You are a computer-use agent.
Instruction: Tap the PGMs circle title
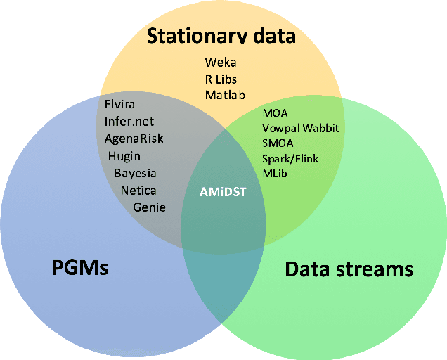[80, 267]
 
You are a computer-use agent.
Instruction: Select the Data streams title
[349, 269]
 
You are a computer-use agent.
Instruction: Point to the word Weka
[220, 63]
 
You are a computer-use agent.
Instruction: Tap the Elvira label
[119, 105]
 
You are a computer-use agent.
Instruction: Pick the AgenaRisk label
[134, 138]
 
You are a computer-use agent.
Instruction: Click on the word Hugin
[124, 155]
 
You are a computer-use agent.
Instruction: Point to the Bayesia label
[135, 173]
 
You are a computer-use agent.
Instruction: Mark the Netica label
[138, 190]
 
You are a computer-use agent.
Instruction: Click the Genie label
[149, 207]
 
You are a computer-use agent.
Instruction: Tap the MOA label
[275, 112]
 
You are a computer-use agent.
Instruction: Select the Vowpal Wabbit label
[300, 128]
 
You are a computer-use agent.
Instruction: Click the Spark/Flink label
[290, 158]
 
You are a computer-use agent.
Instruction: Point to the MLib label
[275, 173]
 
